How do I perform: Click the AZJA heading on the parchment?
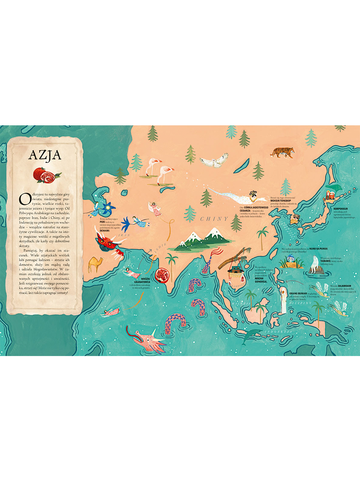click(45, 155)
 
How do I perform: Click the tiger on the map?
click(283, 152)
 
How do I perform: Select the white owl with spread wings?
click(214, 161)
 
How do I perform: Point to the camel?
click(95, 264)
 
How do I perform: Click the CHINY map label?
click(214, 219)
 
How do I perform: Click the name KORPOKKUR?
click(340, 209)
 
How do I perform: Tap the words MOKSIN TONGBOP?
click(280, 201)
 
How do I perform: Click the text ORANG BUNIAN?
click(298, 294)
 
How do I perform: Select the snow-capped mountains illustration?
click(202, 240)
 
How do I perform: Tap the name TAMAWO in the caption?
click(326, 261)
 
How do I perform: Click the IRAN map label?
click(124, 235)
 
